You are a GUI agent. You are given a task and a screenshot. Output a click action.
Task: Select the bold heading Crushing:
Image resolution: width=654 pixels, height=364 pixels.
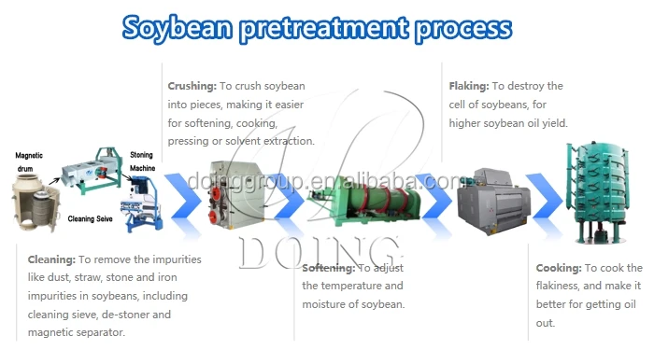pos(192,86)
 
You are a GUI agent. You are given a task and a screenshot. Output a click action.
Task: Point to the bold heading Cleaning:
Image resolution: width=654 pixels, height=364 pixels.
pos(52,257)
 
